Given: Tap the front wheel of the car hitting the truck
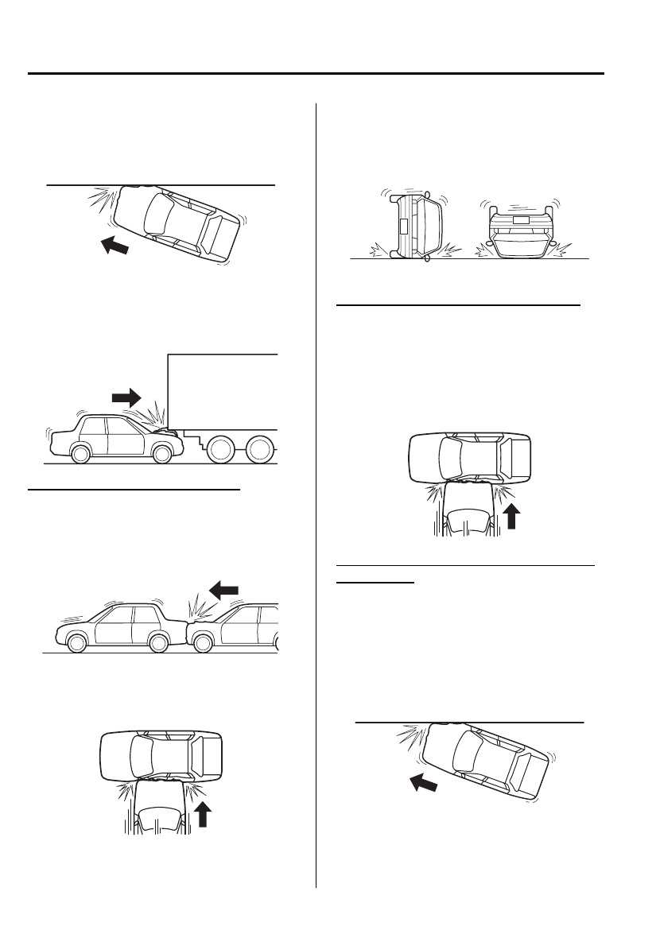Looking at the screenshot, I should point(162,452).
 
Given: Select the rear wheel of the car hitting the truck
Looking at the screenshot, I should point(81,453).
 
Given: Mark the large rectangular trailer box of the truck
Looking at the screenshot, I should point(223,390).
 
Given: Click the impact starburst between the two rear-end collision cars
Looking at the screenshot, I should point(196,612).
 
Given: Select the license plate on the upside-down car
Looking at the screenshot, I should point(520,218).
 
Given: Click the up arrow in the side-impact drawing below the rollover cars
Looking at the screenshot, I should point(512,517).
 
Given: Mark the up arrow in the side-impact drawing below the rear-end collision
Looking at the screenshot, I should point(204,815).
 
